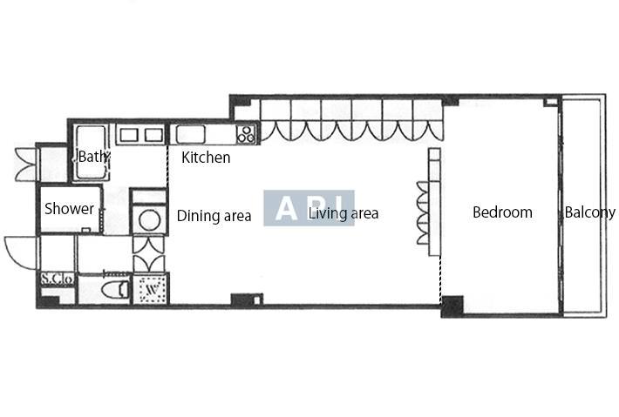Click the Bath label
92,156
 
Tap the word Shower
69,209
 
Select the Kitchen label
206,158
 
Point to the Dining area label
214,216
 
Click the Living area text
343,213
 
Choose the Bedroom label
502,212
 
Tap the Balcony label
589,212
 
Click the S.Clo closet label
58,279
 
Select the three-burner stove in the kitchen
247,133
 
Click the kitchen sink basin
190,134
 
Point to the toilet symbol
114,290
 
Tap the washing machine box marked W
151,289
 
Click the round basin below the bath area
150,220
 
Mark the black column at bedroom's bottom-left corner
452,306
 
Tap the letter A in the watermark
286,209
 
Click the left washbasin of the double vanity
129,135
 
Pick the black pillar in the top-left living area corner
240,101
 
